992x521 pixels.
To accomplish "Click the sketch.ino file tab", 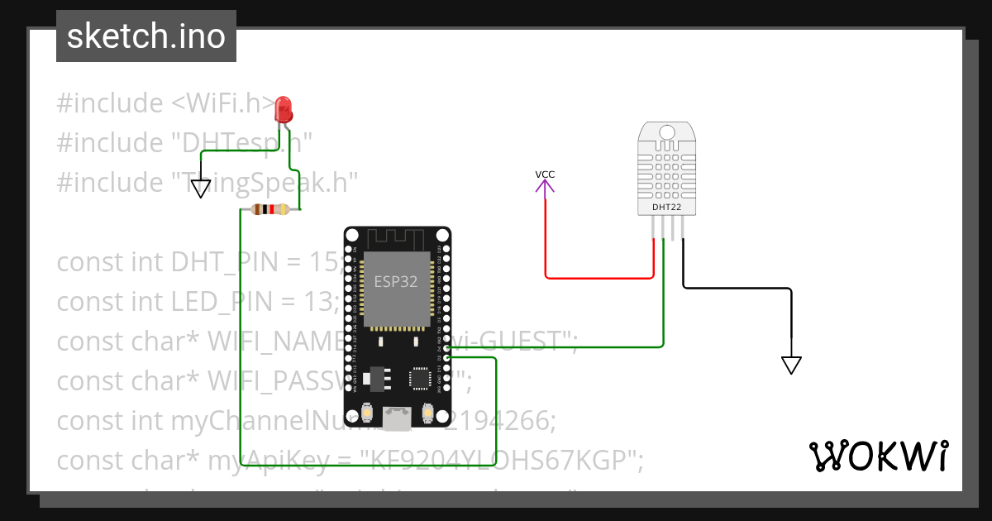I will coord(145,36).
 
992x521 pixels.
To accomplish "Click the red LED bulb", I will coord(283,109).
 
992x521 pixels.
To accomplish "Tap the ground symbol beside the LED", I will coord(201,189).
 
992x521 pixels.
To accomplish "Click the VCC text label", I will coord(545,174).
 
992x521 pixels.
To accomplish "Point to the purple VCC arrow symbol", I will coord(545,187).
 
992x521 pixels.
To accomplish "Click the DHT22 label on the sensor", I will coord(666,207).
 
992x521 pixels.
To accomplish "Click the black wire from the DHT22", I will coord(736,288).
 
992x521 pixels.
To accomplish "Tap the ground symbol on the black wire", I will coord(791,364).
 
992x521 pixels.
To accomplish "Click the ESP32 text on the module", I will coord(395,281).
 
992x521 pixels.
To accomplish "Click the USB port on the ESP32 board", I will coord(398,418).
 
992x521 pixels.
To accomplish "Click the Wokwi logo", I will coord(878,456).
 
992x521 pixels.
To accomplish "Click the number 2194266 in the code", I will coord(500,421).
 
